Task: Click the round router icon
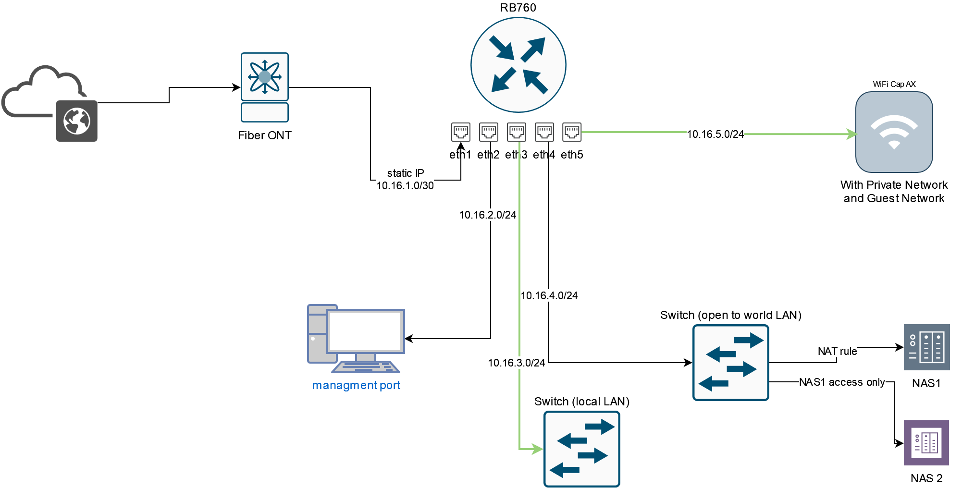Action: [x=518, y=65]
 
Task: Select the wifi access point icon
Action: [x=894, y=132]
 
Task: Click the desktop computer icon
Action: [x=356, y=339]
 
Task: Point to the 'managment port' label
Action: [x=356, y=385]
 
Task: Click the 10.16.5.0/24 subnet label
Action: [x=715, y=134]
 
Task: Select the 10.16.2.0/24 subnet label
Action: [x=487, y=215]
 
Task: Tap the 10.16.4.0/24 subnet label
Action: [x=549, y=295]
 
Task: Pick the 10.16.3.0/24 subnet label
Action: [x=516, y=363]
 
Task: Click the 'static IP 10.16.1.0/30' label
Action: [x=405, y=179]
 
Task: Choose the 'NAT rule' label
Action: [x=837, y=351]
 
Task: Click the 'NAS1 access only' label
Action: [x=842, y=382]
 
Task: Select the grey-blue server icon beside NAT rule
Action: [x=926, y=347]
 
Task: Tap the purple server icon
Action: [x=926, y=443]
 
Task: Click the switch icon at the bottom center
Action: [x=581, y=449]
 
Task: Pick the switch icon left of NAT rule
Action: [x=730, y=363]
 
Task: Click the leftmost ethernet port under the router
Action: [x=460, y=132]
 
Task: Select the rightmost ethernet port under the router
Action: [x=572, y=132]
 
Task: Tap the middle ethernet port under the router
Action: [x=516, y=132]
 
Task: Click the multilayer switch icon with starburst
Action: [x=264, y=87]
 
